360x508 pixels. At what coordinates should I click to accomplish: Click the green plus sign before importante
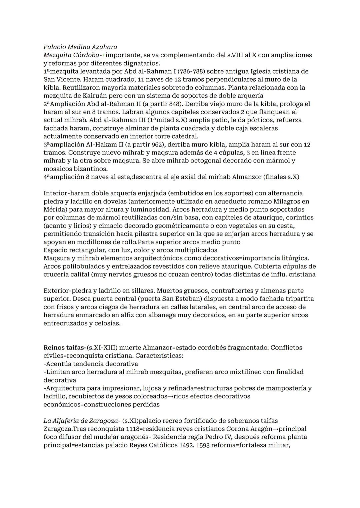click(104, 55)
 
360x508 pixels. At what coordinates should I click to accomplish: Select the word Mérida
click(54, 210)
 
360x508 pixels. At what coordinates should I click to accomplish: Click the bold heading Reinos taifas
click(64, 348)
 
